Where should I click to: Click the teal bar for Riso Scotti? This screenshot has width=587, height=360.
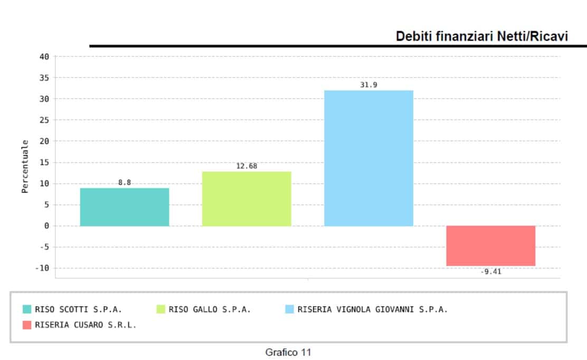(125, 207)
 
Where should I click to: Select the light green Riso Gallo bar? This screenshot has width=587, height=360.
(247, 198)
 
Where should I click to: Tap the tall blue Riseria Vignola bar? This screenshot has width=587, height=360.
(368, 158)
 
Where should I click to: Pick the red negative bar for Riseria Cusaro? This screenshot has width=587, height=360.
(490, 245)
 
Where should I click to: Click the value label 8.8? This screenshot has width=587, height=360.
(125, 183)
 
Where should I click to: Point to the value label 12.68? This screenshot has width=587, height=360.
(247, 166)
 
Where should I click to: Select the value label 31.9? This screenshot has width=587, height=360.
(368, 85)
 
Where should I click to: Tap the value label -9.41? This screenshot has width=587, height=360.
(490, 272)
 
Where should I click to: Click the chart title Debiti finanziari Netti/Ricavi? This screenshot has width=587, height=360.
(481, 36)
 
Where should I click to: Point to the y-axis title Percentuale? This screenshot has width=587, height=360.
(25, 166)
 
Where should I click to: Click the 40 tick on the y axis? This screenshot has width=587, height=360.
(44, 56)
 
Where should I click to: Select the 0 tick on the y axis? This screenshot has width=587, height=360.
(46, 226)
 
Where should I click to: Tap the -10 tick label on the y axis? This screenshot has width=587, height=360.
(42, 268)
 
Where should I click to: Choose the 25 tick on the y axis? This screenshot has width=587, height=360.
(44, 120)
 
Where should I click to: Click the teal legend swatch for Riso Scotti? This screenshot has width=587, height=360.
(27, 309)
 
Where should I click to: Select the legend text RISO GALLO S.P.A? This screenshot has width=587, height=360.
(210, 309)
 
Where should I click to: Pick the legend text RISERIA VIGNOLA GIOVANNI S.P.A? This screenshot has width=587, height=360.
(372, 309)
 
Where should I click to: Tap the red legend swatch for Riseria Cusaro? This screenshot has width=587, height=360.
(27, 325)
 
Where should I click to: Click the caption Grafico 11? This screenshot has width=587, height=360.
(288, 352)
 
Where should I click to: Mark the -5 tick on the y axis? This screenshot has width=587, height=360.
(44, 247)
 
